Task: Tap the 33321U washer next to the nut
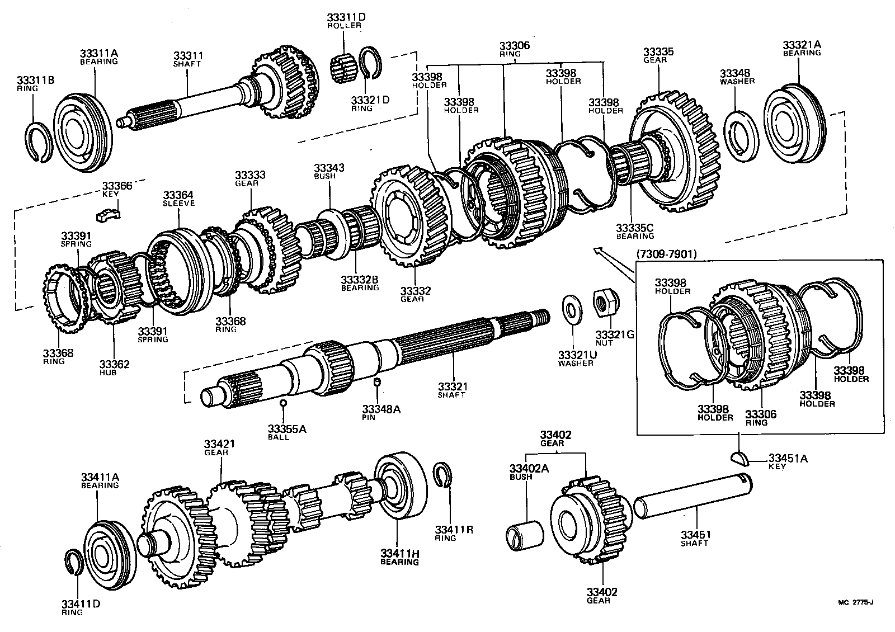[572, 308]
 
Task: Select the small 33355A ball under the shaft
[284, 402]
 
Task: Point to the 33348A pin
[378, 382]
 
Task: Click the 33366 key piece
[109, 212]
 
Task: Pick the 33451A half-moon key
[739, 458]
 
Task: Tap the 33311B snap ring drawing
[40, 142]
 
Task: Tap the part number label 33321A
[802, 45]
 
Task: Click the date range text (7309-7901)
[666, 254]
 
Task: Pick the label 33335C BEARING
[634, 231]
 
